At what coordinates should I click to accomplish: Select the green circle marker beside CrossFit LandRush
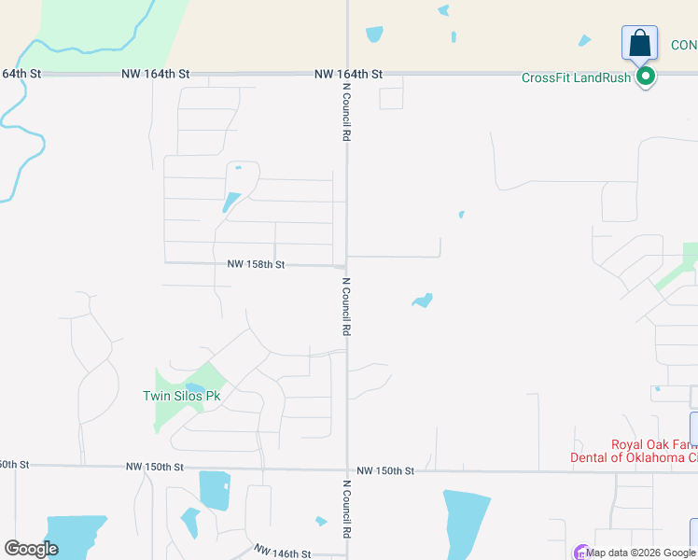[645, 77]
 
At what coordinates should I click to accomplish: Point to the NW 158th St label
[255, 265]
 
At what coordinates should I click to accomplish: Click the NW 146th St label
[283, 553]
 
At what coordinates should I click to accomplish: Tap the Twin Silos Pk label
[181, 396]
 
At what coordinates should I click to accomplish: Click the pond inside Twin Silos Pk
[194, 388]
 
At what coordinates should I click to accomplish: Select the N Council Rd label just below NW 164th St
[346, 112]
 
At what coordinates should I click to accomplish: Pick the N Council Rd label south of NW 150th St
[346, 509]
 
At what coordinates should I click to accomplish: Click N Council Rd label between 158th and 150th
[346, 306]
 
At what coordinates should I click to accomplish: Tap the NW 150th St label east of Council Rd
[384, 471]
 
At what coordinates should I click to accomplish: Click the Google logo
[31, 549]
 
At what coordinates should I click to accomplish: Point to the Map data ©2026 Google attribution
[639, 553]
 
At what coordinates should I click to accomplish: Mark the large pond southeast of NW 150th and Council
[466, 523]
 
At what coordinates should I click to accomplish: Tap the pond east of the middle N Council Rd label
[423, 301]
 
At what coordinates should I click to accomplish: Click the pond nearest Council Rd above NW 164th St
[374, 34]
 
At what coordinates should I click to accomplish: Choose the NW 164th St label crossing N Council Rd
[348, 74]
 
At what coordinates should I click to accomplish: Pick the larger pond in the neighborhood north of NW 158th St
[230, 202]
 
